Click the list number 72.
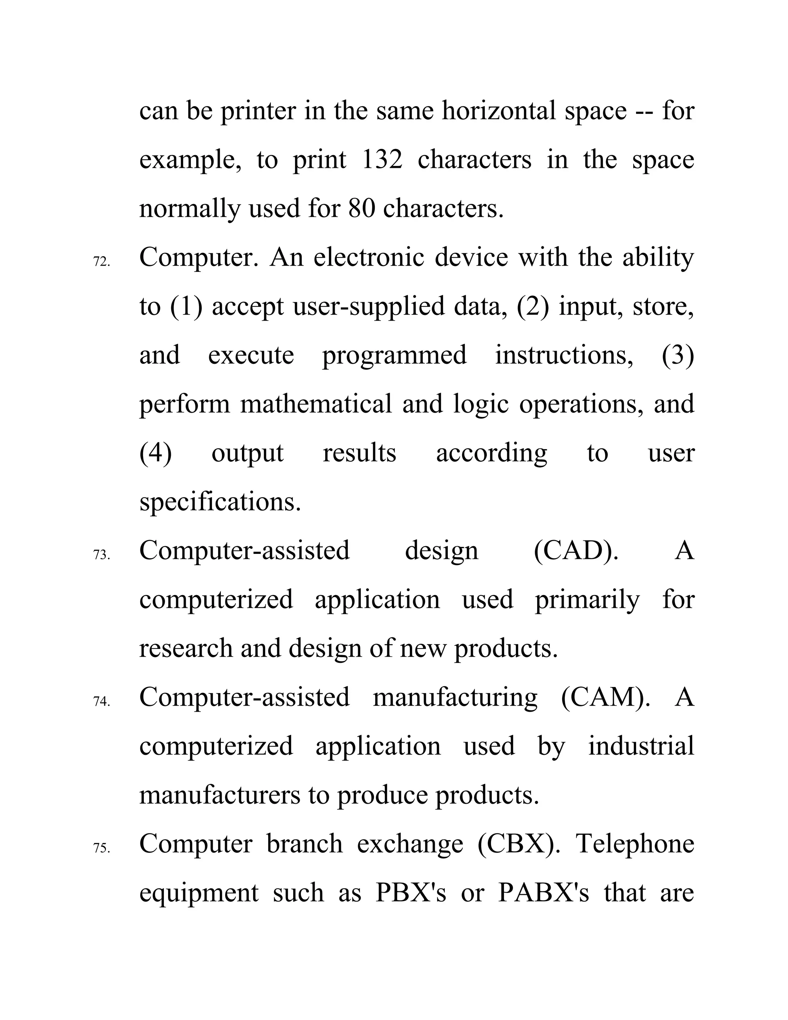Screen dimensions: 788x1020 [102, 262]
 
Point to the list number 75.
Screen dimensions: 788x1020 [102, 848]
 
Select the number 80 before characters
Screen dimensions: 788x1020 [362, 208]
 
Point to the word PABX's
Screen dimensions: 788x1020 [543, 893]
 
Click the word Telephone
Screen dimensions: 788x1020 [635, 844]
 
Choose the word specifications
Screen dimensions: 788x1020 [220, 502]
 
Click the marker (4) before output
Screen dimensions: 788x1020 [155, 453]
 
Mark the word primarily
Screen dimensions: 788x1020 [587, 600]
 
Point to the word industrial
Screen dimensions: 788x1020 [641, 746]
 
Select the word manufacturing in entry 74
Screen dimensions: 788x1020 [455, 697]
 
